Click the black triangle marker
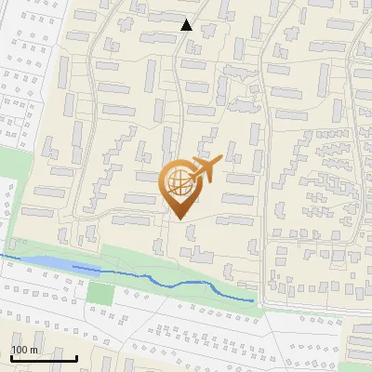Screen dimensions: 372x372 coord(187,25)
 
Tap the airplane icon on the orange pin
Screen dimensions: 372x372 coord(203,169)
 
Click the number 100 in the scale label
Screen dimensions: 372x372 coord(19,350)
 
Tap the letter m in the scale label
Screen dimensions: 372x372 coord(33,350)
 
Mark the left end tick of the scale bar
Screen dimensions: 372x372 coord(10,357)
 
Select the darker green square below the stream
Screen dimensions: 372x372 coord(100,292)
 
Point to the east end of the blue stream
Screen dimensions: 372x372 coord(253,300)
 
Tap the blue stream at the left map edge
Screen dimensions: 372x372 coord(3,254)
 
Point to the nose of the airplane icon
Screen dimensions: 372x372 coord(219,163)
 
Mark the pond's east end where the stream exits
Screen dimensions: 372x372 coord(74,267)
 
